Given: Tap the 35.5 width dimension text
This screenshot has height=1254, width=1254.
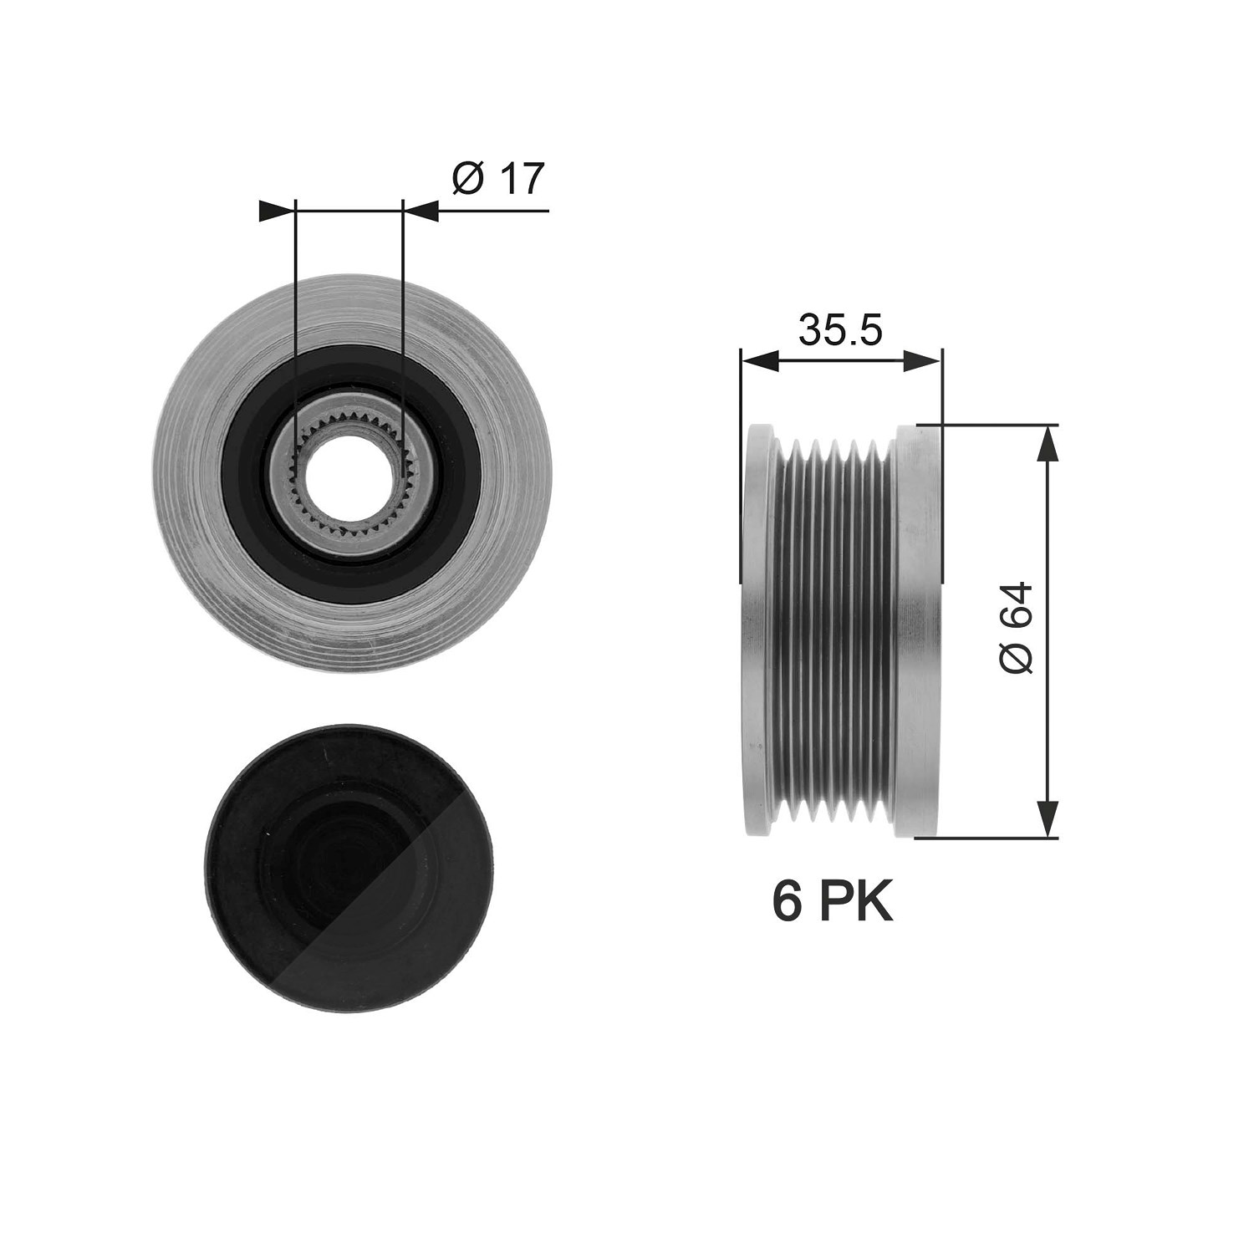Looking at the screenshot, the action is [840, 330].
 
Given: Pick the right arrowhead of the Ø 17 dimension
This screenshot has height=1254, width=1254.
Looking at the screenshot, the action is [421, 211].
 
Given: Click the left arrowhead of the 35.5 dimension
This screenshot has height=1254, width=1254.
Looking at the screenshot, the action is [760, 360].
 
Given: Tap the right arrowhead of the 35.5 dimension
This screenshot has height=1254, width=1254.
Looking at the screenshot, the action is [922, 360].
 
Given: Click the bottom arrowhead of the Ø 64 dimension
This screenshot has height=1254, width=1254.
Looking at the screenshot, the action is [1047, 818].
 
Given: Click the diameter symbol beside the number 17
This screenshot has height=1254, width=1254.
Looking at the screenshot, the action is [469, 179].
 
